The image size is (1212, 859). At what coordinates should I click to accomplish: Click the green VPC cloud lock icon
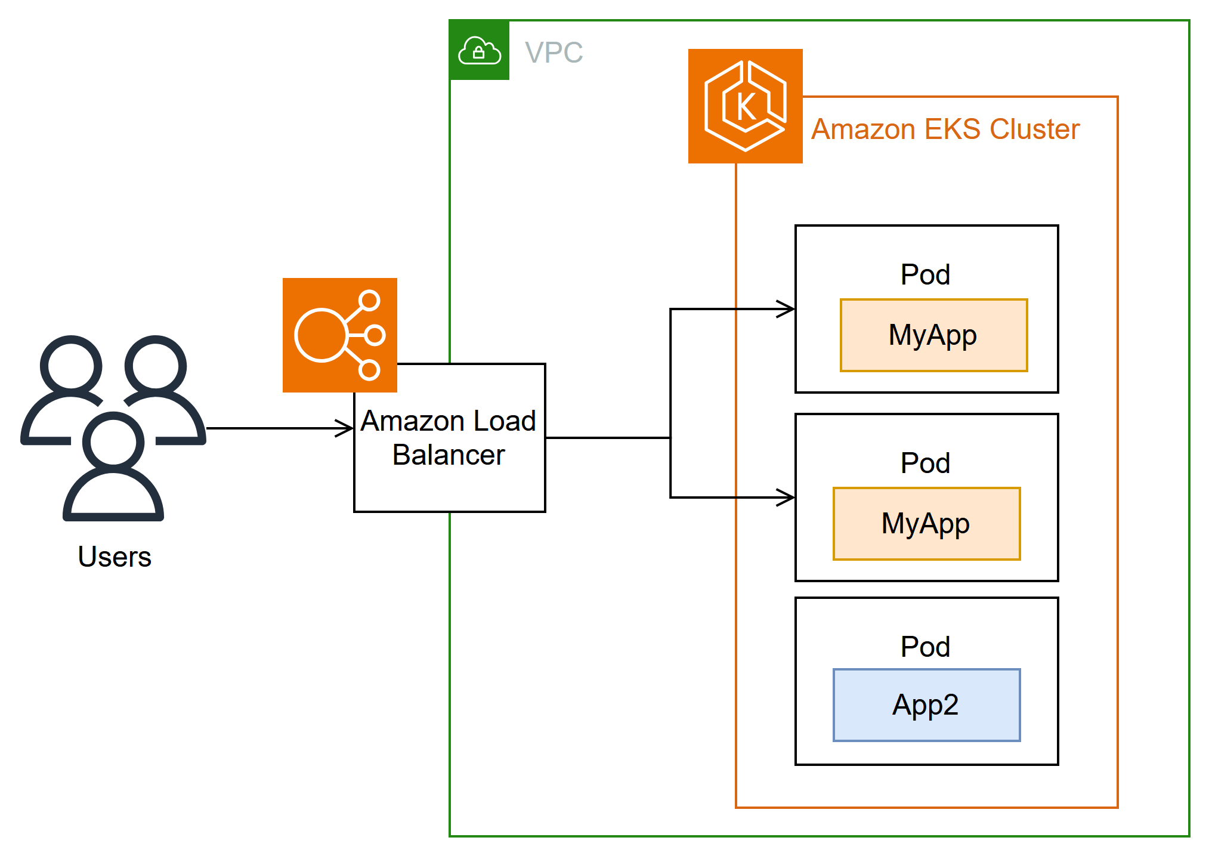(x=479, y=50)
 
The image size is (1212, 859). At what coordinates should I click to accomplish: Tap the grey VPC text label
(x=554, y=52)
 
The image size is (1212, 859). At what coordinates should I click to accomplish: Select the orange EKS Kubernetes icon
(x=745, y=106)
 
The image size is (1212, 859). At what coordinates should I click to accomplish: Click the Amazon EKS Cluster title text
(x=945, y=129)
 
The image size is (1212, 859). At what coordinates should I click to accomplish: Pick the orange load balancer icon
(x=339, y=335)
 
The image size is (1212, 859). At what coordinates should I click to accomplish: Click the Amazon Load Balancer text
(x=449, y=437)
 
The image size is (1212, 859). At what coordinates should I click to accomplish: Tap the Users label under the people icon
(x=115, y=557)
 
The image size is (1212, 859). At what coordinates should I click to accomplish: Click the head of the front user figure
(x=113, y=443)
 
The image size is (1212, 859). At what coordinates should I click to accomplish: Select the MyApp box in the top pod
(x=933, y=335)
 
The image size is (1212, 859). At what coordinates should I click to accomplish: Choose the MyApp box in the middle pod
(x=926, y=524)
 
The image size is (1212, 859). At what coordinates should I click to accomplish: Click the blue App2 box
(x=926, y=705)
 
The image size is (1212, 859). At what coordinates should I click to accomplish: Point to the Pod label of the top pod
(x=925, y=275)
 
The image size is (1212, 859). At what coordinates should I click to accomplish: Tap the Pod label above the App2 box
(x=925, y=647)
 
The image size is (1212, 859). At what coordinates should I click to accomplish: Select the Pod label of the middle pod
(x=925, y=464)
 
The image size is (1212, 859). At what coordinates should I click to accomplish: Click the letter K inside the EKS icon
(x=746, y=107)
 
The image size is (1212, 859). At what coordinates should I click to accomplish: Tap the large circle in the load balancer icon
(x=321, y=335)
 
